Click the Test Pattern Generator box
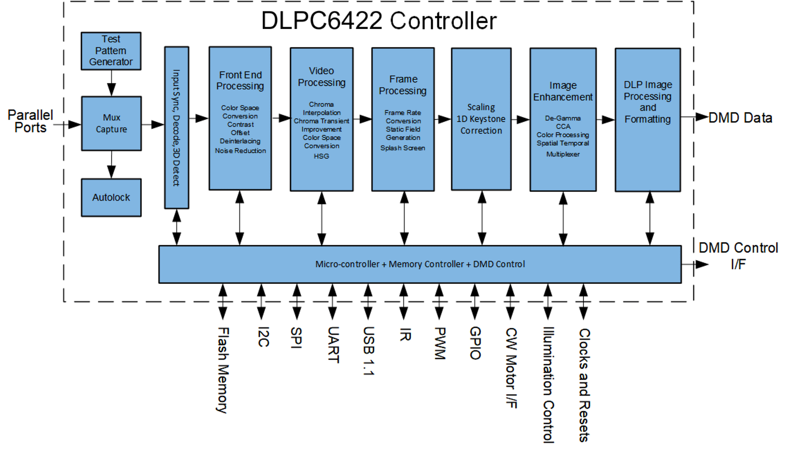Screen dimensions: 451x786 coord(111,51)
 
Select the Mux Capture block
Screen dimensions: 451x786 coord(111,123)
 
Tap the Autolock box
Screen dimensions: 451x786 coord(111,197)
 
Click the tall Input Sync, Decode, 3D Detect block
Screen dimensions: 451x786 coord(176,127)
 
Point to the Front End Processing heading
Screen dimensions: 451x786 coord(240,81)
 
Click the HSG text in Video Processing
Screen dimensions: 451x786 coord(321,156)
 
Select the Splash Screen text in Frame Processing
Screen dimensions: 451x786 coord(403,148)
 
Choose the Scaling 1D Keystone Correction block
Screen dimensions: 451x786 coord(481,119)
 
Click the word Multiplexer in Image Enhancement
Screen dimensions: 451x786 coord(563,154)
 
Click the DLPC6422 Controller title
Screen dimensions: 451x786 coord(379,21)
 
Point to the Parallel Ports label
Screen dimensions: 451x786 coord(30,121)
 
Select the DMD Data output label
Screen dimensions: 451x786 coord(740,118)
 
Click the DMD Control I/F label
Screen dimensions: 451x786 coord(738,256)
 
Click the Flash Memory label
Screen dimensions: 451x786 coord(223,370)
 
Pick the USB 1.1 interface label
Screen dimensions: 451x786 coord(368,351)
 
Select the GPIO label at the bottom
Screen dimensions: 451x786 coord(475,343)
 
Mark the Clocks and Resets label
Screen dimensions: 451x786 coord(584,385)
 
